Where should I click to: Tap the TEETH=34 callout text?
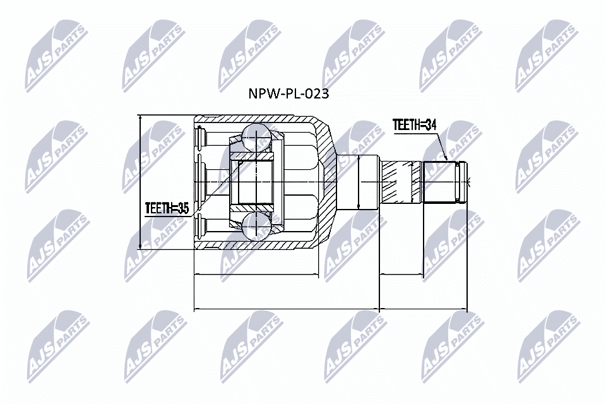pyautogui.click(x=414, y=125)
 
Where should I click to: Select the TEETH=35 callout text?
pyautogui.click(x=167, y=208)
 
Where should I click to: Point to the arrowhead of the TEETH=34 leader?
pyautogui.click(x=446, y=158)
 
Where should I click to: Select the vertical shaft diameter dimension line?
pyautogui.click(x=358, y=182)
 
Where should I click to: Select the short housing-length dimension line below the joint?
pyautogui.click(x=256, y=275)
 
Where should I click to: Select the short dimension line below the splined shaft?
pyautogui.click(x=401, y=275)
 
